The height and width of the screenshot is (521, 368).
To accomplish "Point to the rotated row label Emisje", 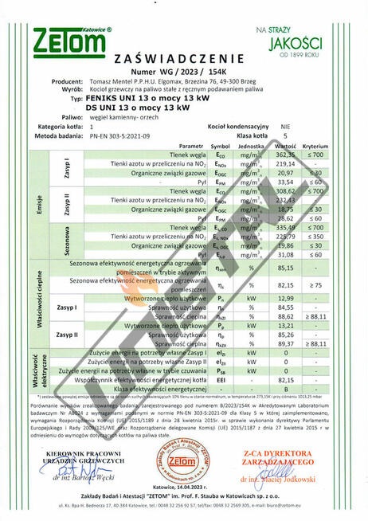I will (37, 205).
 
